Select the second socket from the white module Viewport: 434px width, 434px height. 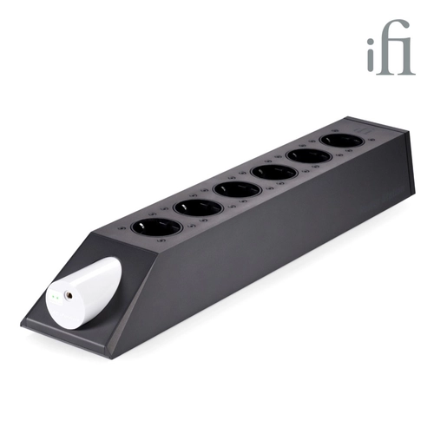[x=198, y=208]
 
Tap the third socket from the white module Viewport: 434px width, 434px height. [x=238, y=190]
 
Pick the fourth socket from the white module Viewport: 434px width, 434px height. [x=274, y=173]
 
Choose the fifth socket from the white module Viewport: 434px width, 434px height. [x=309, y=158]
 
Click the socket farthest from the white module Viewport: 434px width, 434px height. [x=342, y=142]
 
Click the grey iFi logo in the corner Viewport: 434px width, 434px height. [x=391, y=47]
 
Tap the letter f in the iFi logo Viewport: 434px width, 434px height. [x=391, y=47]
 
